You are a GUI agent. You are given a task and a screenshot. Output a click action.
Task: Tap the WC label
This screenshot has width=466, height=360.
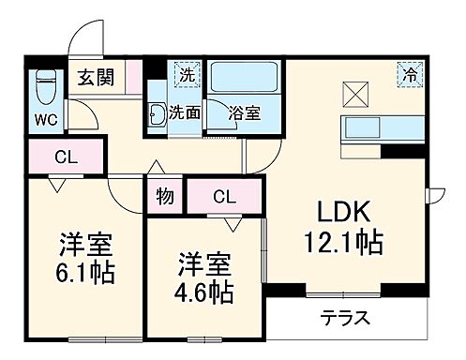[45, 120]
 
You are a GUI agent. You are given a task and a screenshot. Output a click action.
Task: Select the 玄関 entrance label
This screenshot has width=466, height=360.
[97, 77]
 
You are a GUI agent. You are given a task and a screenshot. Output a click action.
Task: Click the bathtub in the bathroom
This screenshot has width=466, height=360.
[244, 80]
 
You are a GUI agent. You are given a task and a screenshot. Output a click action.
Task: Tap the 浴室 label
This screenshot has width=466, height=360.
[246, 113]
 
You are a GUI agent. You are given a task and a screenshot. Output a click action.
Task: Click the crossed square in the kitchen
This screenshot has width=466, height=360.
[357, 93]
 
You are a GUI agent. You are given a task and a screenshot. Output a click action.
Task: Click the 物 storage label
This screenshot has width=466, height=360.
[165, 197]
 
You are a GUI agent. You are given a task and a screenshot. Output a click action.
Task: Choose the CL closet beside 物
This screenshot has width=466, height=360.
[223, 197]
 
